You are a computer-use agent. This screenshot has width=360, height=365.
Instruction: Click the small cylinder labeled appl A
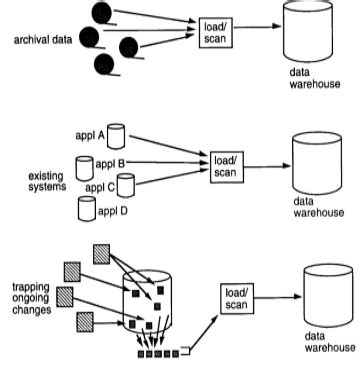coord(116,135)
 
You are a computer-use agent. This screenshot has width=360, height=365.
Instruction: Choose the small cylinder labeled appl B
coord(84,163)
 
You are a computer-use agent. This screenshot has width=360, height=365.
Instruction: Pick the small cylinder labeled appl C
coord(125,184)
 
